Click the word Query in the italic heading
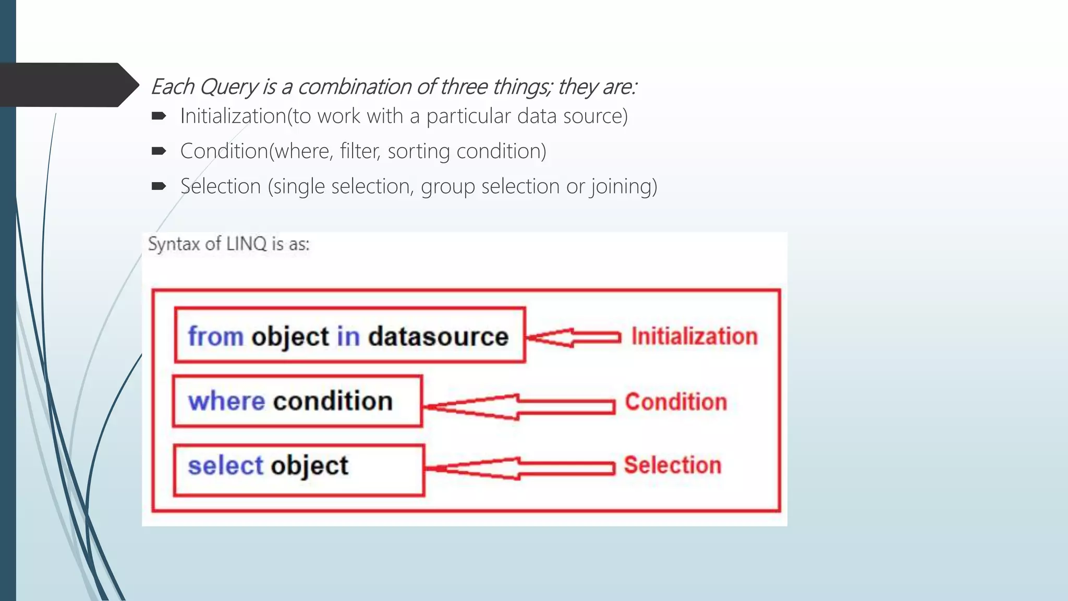tap(228, 87)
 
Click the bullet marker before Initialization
tap(159, 116)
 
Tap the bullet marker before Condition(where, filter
tap(159, 151)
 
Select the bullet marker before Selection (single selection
tap(159, 186)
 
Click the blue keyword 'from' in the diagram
tap(215, 336)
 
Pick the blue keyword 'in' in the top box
tap(348, 336)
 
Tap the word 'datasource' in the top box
tap(438, 336)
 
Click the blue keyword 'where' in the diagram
tap(226, 401)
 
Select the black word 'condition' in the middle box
tap(333, 401)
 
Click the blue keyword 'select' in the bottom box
tap(225, 465)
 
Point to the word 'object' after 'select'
tap(309, 465)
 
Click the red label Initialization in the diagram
tap(694, 336)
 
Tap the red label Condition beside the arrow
tap(676, 402)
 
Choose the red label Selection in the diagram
tap(673, 465)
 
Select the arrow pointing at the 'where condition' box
tap(519, 407)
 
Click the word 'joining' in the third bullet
tap(623, 187)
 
